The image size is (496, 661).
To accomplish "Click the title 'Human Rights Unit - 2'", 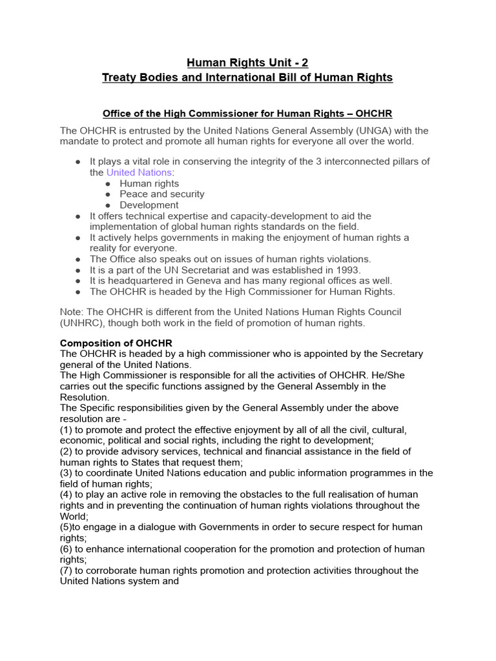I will (x=247, y=63).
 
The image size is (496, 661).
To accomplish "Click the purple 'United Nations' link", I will (x=139, y=172).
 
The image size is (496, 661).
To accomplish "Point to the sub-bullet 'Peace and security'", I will (x=161, y=194).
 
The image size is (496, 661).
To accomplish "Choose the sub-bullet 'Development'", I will (x=149, y=205).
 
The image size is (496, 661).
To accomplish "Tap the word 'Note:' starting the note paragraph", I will (x=72, y=312).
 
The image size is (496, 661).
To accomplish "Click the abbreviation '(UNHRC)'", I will (x=83, y=323).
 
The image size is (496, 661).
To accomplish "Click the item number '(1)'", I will (x=67, y=430).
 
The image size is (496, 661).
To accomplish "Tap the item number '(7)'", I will (x=67, y=571).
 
